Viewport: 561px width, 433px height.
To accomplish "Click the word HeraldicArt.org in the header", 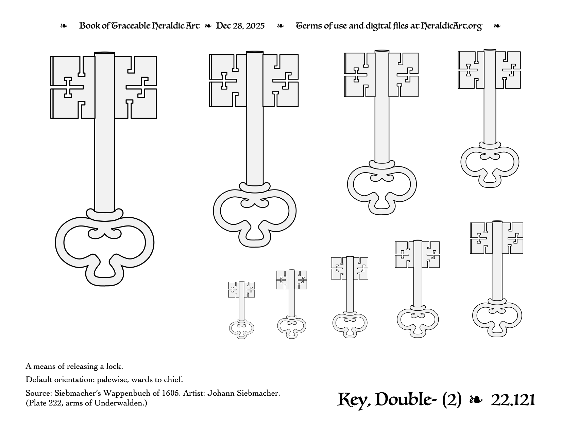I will tap(451, 26).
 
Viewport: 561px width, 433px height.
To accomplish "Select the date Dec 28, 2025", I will tap(240, 26).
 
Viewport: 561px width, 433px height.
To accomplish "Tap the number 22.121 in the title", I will tap(513, 400).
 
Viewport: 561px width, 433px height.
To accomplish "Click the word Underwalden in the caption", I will tap(118, 403).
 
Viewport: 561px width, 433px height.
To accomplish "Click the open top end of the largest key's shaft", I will tap(105, 53).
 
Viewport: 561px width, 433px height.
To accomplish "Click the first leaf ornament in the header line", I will tap(64, 26).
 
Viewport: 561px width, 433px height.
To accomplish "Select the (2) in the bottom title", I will tap(452, 400).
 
